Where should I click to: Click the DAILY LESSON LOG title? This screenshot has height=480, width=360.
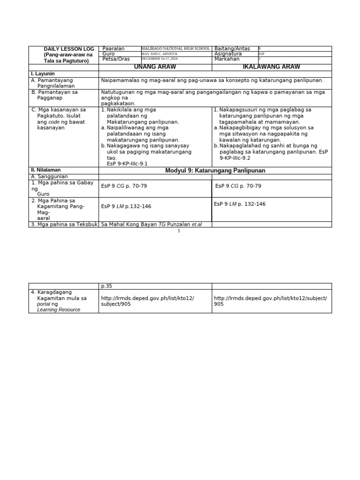pyautogui.click(x=69, y=49)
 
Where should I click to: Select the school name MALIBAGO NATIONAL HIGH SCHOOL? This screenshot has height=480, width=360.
pyautogui.click(x=175, y=49)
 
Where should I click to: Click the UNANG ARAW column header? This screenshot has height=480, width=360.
pyautogui.click(x=155, y=67)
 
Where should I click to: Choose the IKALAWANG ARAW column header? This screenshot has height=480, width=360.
pyautogui.click(x=271, y=67)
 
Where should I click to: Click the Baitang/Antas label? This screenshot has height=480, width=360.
pyautogui.click(x=232, y=49)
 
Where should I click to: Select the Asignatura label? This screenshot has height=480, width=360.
pyautogui.click(x=228, y=54)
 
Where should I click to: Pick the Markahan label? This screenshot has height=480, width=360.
pyautogui.click(x=227, y=59)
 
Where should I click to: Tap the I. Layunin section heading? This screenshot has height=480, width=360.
pyautogui.click(x=43, y=74)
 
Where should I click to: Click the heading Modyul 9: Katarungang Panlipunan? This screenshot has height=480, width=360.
pyautogui.click(x=215, y=171)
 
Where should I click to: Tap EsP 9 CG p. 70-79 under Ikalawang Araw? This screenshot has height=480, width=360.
pyautogui.click(x=238, y=186)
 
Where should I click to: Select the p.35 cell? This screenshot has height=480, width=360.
pyautogui.click(x=107, y=286)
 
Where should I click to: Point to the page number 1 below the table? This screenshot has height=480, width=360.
pyautogui.click(x=179, y=231)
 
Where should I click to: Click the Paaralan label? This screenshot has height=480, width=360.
pyautogui.click(x=113, y=49)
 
